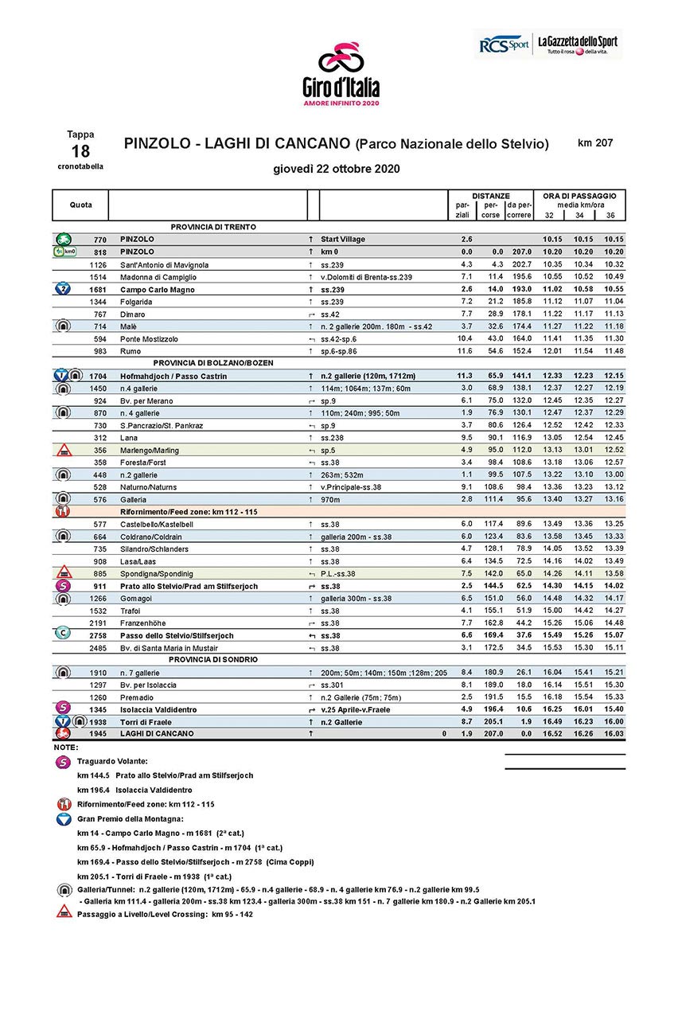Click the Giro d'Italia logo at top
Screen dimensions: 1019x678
341,74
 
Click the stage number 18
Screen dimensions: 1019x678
80,151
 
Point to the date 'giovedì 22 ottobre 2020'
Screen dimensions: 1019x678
336,169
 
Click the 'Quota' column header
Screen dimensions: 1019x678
80,205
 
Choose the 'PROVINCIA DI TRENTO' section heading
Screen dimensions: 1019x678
213,227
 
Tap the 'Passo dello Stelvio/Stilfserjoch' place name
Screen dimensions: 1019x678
177,635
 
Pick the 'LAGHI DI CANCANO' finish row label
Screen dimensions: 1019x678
157,733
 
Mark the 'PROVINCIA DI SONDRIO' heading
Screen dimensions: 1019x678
213,660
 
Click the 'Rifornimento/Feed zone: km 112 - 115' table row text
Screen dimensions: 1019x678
189,511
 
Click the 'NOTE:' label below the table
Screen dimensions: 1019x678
66,748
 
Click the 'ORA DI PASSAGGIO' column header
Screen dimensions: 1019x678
579,196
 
